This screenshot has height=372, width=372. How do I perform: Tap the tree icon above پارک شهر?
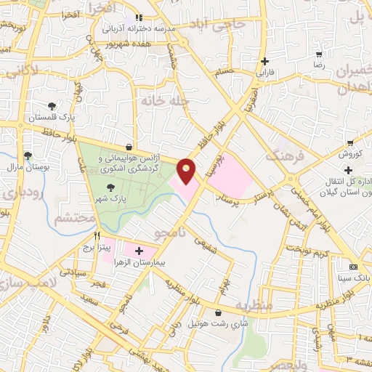[x=110, y=187]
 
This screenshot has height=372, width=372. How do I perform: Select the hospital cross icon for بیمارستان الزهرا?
[x=139, y=251]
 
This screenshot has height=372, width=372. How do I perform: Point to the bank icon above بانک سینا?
[x=353, y=267]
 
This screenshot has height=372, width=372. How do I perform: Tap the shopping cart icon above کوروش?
[x=350, y=143]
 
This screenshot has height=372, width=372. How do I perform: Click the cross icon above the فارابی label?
[x=265, y=62]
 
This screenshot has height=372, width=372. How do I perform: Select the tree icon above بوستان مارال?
[x=28, y=155]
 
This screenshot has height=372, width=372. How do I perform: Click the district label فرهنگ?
[x=283, y=154]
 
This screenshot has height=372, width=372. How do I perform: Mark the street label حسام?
[x=224, y=71]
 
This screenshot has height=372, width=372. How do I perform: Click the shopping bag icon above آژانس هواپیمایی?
[x=129, y=146]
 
